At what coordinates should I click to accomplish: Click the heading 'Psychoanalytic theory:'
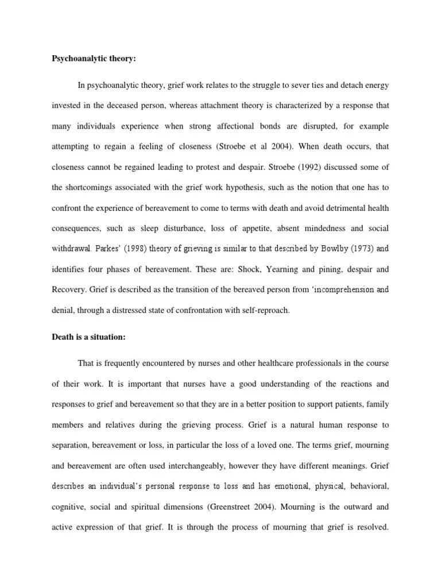[x=92, y=58]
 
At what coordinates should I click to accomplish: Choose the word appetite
[x=247, y=229]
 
